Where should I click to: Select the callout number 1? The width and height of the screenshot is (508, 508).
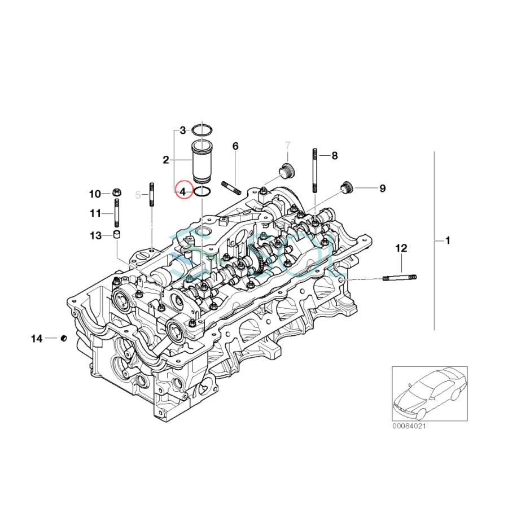tap(448, 241)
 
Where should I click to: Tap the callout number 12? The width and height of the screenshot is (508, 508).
tap(401, 248)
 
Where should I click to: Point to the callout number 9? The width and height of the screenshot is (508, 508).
tap(382, 189)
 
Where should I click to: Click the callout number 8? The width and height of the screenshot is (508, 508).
tap(334, 156)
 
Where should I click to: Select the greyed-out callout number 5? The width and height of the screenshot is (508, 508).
tap(138, 195)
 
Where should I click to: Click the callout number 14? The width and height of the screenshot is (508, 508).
tap(37, 339)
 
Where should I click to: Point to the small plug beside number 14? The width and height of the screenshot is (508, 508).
tap(64, 339)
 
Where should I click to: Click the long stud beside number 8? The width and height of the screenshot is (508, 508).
tap(314, 169)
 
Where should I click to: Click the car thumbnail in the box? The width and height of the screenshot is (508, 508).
tap(430, 391)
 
